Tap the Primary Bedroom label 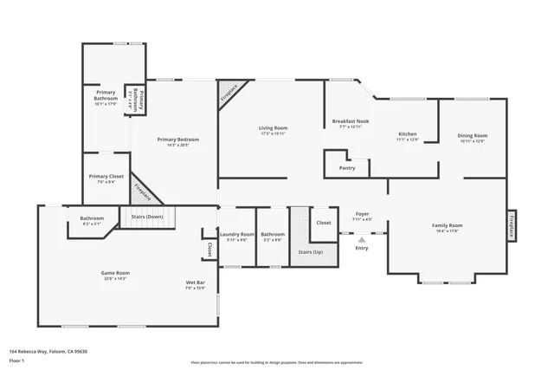pyautogui.click(x=178, y=140)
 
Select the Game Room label pyautogui.click(x=115, y=273)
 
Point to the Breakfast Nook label pyautogui.click(x=351, y=121)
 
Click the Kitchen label pyautogui.click(x=408, y=134)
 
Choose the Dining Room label pyautogui.click(x=473, y=135)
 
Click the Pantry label pyautogui.click(x=347, y=167)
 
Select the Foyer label pyautogui.click(x=363, y=214)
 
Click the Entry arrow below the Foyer pyautogui.click(x=361, y=239)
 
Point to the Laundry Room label pyautogui.click(x=237, y=234)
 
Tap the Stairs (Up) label pyautogui.click(x=310, y=252)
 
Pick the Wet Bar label pyautogui.click(x=195, y=283)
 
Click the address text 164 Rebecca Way pyautogui.click(x=48, y=351)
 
